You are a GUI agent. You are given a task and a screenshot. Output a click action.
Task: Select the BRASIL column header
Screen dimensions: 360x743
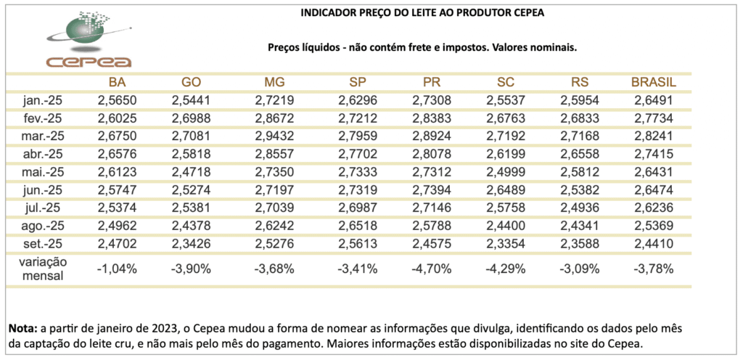[654, 82]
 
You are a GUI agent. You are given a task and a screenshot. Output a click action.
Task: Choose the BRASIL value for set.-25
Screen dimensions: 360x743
[654, 243]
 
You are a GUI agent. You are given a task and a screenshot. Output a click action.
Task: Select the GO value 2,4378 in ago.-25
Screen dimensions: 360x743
[191, 225]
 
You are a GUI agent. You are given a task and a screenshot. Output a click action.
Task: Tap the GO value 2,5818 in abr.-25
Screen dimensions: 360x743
[191, 154]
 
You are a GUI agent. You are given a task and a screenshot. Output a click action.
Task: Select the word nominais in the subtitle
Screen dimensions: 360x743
[554, 47]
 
